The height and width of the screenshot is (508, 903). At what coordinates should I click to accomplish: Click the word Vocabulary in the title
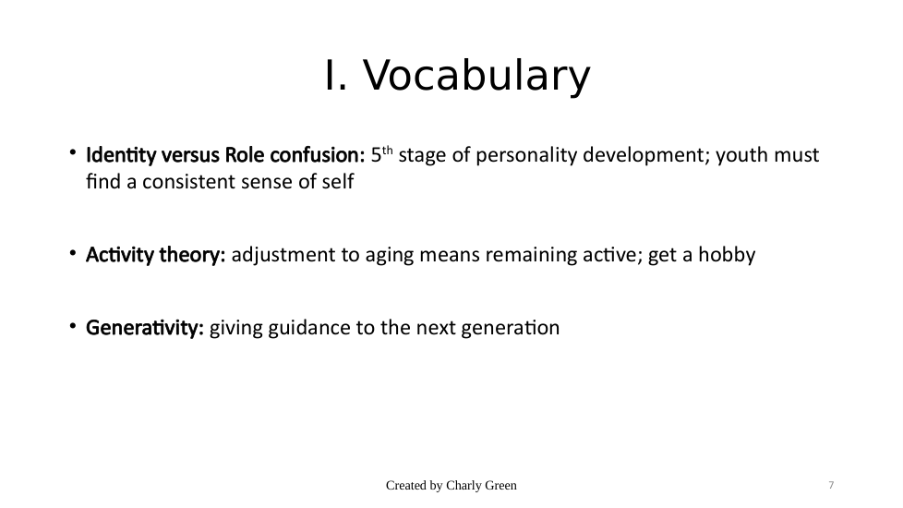476,76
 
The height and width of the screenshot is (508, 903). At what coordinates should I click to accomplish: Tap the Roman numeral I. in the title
336,75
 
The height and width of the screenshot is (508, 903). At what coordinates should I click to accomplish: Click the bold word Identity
121,155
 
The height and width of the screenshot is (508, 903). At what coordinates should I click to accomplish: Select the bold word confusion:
318,155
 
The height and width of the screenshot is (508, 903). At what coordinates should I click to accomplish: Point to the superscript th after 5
388,151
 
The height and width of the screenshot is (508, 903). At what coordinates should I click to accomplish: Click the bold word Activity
120,255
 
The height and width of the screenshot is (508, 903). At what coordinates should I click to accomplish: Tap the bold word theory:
192,255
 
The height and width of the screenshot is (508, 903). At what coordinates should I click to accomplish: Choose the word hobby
727,255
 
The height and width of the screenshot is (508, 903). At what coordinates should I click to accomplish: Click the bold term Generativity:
145,328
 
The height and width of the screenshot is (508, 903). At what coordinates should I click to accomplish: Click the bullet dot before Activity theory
73,253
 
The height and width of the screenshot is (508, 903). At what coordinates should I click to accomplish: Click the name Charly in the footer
462,486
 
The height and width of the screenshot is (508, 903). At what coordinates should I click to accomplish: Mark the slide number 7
831,486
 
